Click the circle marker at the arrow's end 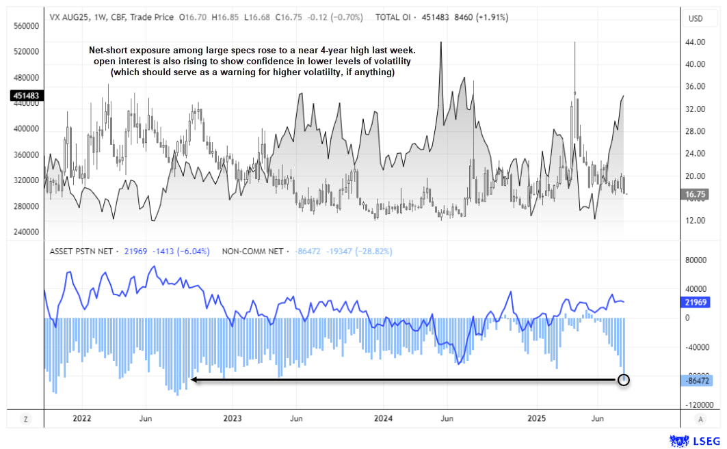[623, 379]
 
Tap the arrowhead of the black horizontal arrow [194, 379]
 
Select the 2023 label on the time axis [233, 418]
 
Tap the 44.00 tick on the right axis [695, 42]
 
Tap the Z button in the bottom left [25, 418]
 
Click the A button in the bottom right [700, 418]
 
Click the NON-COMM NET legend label [253, 251]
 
